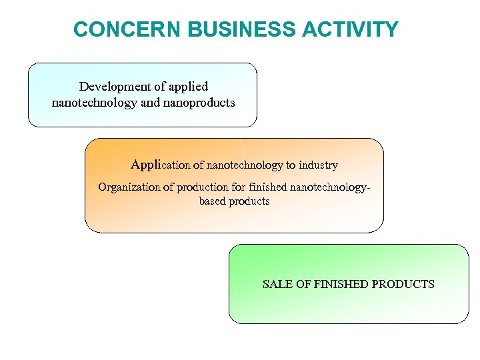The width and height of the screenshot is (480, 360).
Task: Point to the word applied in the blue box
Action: click(x=188, y=87)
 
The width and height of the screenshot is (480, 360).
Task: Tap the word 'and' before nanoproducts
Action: click(x=151, y=103)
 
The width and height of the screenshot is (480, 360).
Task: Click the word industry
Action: click(x=318, y=165)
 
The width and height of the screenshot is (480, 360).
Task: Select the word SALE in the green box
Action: click(x=277, y=285)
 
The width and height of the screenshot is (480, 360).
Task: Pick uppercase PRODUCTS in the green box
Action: click(x=403, y=285)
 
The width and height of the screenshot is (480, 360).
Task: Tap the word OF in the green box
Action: click(x=303, y=285)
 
